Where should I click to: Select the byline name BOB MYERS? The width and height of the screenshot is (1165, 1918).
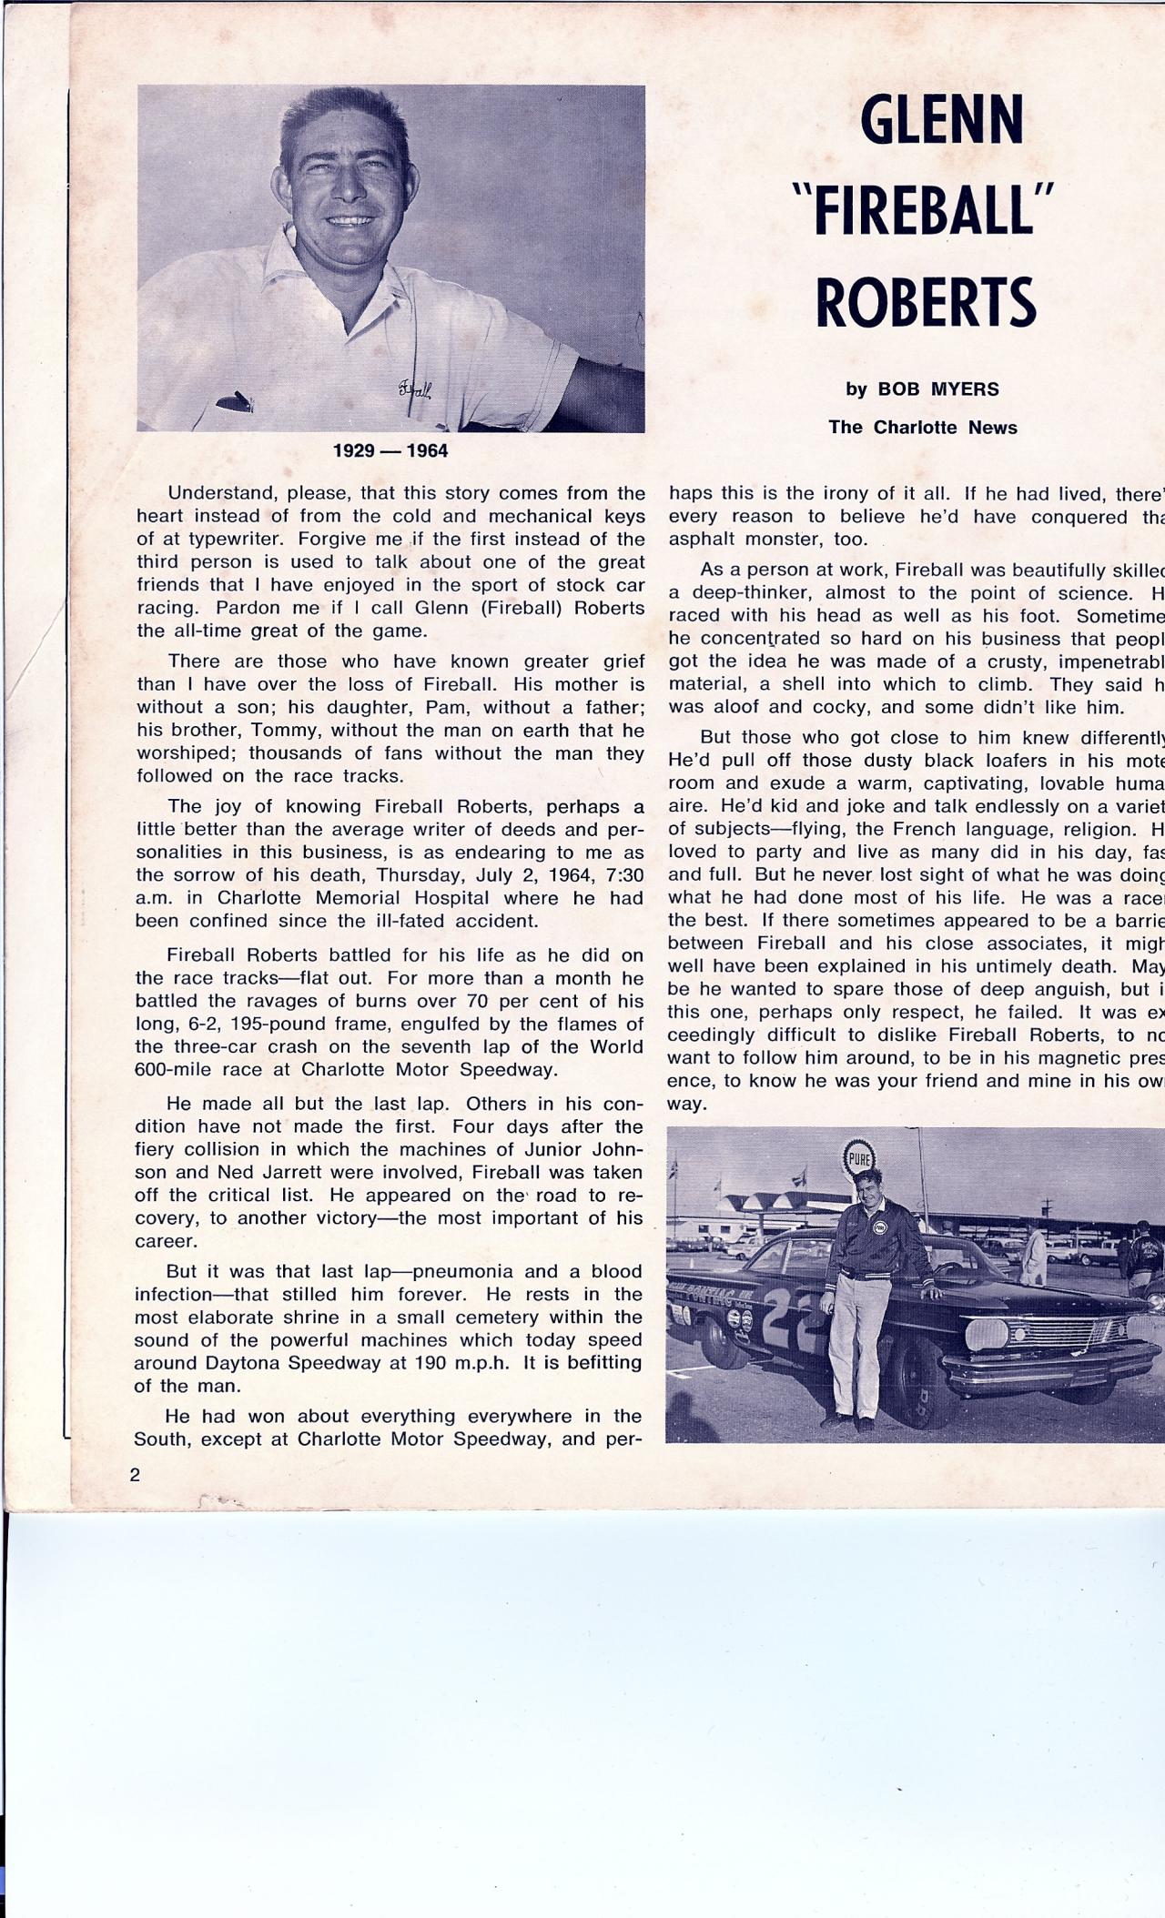pyautogui.click(x=937, y=389)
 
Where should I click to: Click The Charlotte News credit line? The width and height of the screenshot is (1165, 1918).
pyautogui.click(x=922, y=428)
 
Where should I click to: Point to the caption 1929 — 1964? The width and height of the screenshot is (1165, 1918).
pyautogui.click(x=390, y=451)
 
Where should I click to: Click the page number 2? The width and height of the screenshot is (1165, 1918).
pyautogui.click(x=135, y=1475)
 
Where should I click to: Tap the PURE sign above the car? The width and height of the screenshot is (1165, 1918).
pyautogui.click(x=858, y=1160)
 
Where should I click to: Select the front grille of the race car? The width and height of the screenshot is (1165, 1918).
pyautogui.click(x=1060, y=1334)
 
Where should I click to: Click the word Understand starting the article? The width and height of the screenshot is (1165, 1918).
pyautogui.click(x=222, y=493)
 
